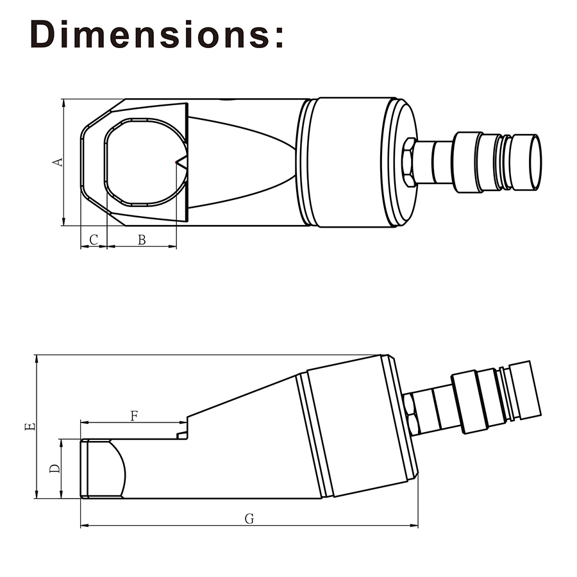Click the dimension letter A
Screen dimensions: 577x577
pos(58,162)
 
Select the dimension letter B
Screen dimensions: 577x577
pos(142,240)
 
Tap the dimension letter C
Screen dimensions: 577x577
pos(94,240)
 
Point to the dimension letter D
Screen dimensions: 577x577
pos(55,469)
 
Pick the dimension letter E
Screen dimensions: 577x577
pos(29,426)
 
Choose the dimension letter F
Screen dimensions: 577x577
pos(135,416)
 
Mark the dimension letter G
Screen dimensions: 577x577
pos(249,519)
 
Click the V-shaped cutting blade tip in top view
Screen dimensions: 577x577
pos(176,162)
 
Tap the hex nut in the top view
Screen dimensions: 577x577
pos(409,162)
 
